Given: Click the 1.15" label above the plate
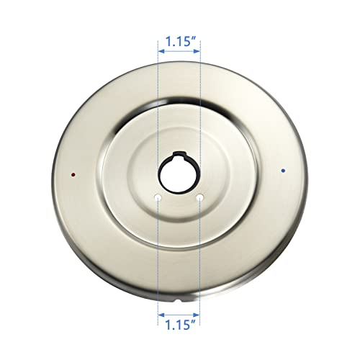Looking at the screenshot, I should pos(179,42).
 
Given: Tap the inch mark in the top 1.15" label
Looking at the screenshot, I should pos(195,39).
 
